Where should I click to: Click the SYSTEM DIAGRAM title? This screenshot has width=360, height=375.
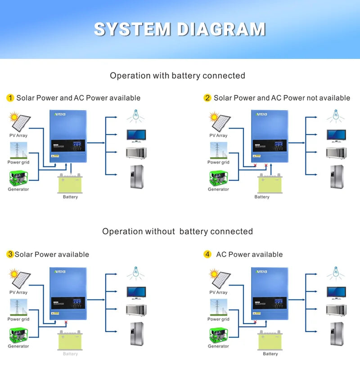coord(180,29)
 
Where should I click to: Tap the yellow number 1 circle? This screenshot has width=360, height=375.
coord(10,98)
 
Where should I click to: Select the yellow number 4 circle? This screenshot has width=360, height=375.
coord(207,254)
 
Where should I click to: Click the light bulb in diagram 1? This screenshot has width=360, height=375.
coord(135,116)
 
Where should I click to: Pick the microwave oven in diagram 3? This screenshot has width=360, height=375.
coord(135,310)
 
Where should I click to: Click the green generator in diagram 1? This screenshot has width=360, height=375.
coord(18,178)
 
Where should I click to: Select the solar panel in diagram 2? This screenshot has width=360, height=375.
coord(220,121)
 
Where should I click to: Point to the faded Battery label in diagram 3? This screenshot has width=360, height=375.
coord(70,354)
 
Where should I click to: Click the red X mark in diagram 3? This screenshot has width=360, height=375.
coord(66,322)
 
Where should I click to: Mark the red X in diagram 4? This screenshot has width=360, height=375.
coord(255,322)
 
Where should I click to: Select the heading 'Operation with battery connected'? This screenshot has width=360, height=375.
coord(177,76)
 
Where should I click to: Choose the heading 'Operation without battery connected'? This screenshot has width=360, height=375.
coord(177,232)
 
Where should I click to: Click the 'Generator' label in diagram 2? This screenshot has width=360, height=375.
coord(218,189)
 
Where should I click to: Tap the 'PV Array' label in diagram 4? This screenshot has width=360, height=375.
coord(218,292)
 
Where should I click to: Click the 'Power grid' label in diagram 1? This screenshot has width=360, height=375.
coord(18,162)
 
